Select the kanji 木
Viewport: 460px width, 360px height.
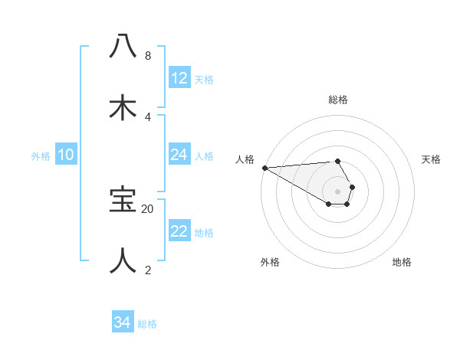[x=123, y=106]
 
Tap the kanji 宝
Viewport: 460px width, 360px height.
[x=123, y=200]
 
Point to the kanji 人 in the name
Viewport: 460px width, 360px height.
[x=123, y=260]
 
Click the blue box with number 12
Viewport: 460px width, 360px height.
[x=179, y=78]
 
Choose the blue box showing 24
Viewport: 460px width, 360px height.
[x=179, y=155]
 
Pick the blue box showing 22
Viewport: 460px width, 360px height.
[x=179, y=231]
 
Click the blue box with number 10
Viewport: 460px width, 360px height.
[x=66, y=155]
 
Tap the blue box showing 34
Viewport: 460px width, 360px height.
[x=123, y=322]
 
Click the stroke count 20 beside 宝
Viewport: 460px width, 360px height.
[x=148, y=208]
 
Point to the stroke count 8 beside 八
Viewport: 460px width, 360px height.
[x=147, y=56]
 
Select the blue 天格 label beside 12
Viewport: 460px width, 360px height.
[x=204, y=79]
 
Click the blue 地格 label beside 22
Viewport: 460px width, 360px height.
[x=204, y=232]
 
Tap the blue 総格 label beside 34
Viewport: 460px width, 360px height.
[x=147, y=323]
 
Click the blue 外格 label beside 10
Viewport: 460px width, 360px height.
[x=41, y=155]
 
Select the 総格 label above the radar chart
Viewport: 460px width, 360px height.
[x=338, y=100]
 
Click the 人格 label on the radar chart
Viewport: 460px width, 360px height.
[x=245, y=159]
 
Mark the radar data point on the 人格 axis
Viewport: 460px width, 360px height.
[x=264, y=168]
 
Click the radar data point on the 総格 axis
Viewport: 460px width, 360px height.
[x=338, y=161]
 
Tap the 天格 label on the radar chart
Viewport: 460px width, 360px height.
[x=432, y=159]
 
